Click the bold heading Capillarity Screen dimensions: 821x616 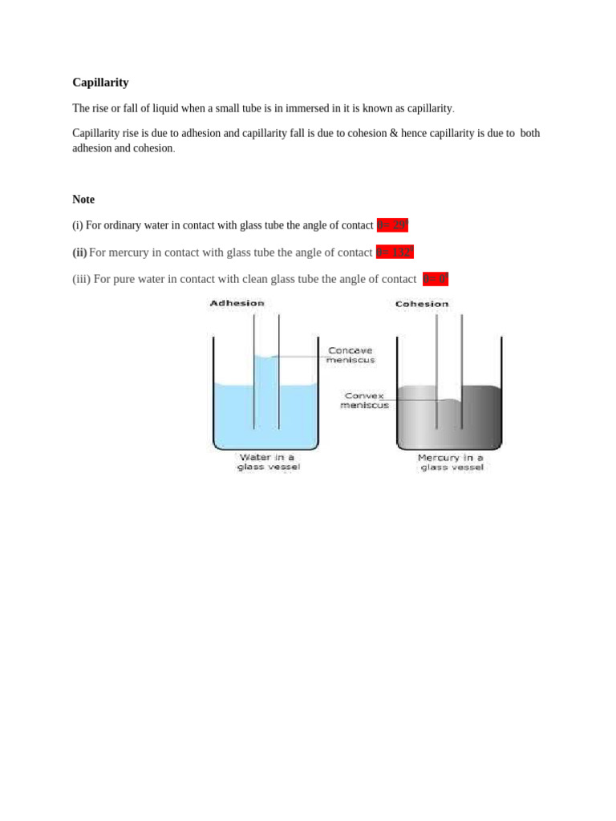coord(100,83)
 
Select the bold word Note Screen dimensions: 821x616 coord(83,200)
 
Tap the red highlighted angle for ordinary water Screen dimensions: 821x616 coord(392,225)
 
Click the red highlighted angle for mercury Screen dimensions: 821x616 coord(395,253)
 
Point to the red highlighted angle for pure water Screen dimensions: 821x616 coord(436,279)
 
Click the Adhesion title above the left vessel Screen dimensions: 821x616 coord(237,303)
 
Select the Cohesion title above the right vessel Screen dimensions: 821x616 coord(422,304)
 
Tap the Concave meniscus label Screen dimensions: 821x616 coord(351,355)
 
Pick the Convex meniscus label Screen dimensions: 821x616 coord(364,400)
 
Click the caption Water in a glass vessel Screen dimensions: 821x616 coord(268,462)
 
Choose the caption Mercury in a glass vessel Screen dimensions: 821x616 coord(452,462)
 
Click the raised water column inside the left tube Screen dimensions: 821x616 coord(266,393)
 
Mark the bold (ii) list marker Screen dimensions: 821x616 coord(79,253)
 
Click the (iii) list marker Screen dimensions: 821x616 coord(81,279)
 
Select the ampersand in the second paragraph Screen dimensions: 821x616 coord(394,133)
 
